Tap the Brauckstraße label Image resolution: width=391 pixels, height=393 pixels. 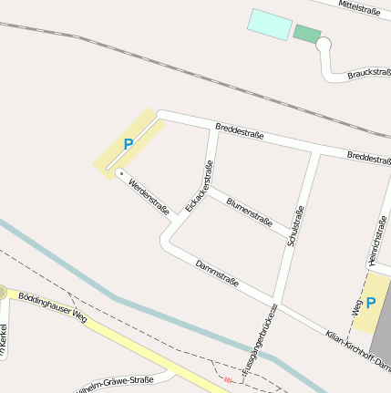370,73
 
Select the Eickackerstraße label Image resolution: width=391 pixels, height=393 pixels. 199,187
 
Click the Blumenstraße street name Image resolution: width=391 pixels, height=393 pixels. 249,212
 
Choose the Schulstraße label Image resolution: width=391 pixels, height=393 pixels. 293,226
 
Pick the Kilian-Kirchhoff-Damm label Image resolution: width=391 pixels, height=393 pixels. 358,350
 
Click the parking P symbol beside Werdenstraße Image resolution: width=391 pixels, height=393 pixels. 129,143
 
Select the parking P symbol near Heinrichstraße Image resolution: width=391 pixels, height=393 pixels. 371,302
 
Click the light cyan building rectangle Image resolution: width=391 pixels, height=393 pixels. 270,24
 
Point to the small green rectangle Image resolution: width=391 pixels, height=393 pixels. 307,34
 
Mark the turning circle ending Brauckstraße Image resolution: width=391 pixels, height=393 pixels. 323,46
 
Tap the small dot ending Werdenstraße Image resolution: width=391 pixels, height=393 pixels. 120,172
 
